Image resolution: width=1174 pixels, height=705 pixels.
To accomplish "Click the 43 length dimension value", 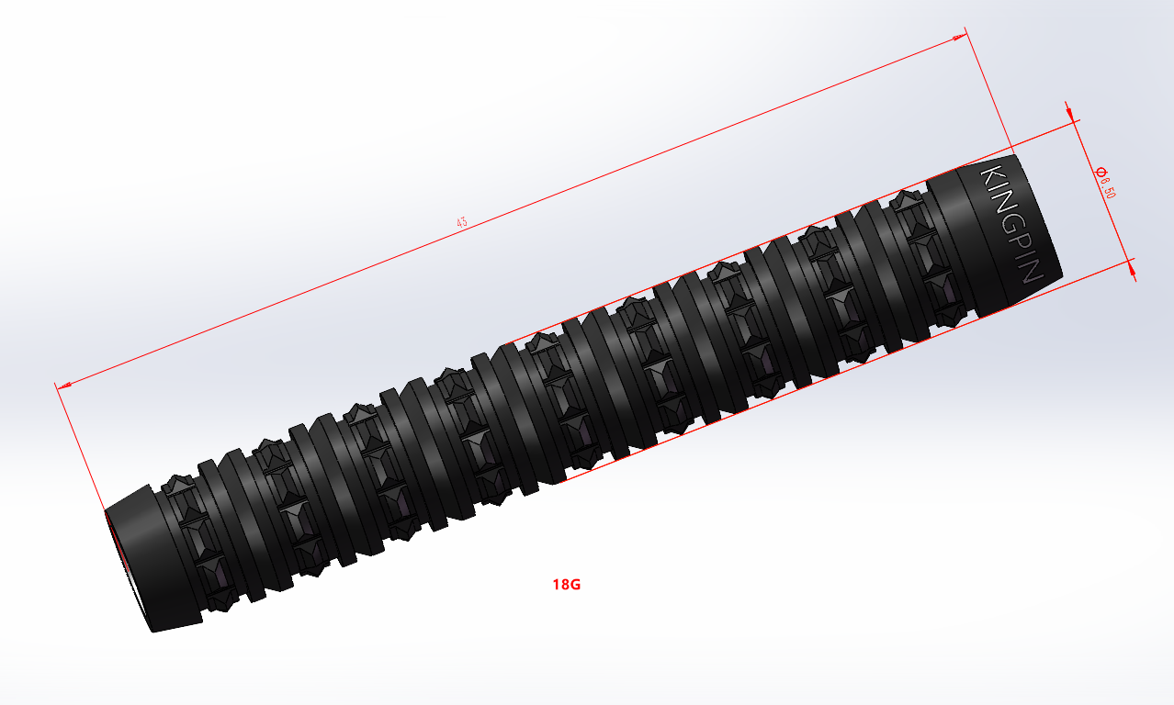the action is click(462, 222).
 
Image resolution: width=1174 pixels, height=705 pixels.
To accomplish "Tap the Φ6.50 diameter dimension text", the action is click(1105, 183).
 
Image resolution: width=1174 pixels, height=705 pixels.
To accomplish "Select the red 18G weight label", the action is click(567, 585).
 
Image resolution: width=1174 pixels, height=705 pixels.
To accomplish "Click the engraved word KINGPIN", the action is click(1011, 224).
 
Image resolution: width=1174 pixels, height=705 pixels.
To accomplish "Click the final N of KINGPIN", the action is click(1033, 273).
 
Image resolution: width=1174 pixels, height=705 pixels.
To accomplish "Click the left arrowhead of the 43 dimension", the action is click(64, 386).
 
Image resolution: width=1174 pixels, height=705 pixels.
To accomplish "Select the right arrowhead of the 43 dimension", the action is click(959, 37).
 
